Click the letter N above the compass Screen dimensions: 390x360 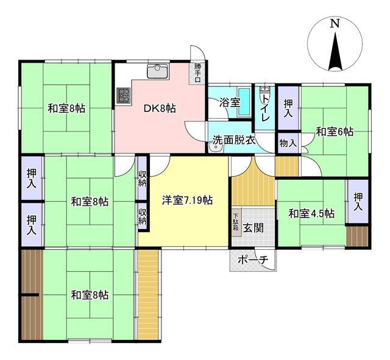pyautogui.click(x=335, y=23)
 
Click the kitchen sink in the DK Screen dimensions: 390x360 pyautogui.click(x=158, y=71)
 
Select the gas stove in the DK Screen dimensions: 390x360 pyautogui.click(x=123, y=96)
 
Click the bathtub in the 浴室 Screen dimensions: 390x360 pyautogui.click(x=244, y=102)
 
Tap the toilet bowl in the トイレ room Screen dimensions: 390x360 pyautogui.click(x=264, y=94)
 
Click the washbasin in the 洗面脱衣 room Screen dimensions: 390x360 pyautogui.click(x=216, y=147)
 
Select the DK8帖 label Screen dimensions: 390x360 pyautogui.click(x=160, y=108)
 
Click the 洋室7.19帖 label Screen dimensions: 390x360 pyautogui.click(x=187, y=200)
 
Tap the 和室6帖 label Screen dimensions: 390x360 pyautogui.click(x=335, y=132)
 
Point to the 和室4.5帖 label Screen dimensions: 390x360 pyautogui.click(x=311, y=214)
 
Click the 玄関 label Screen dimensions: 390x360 pyautogui.click(x=253, y=228)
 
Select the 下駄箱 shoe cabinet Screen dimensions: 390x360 pyautogui.click(x=236, y=222)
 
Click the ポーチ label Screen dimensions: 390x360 pyautogui.click(x=253, y=260)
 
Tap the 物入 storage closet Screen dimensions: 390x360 pyautogui.click(x=288, y=143)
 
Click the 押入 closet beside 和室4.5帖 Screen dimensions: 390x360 pyautogui.click(x=358, y=202)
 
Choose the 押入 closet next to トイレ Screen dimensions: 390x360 pyautogui.click(x=288, y=108)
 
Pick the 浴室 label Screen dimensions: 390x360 pyautogui.click(x=230, y=102)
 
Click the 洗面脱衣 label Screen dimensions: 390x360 pyautogui.click(x=234, y=141)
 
